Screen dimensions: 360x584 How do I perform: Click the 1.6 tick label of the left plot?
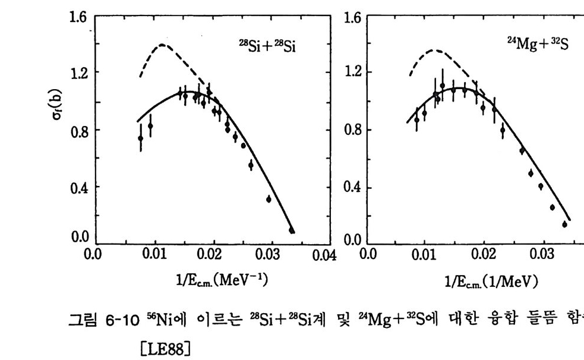77,18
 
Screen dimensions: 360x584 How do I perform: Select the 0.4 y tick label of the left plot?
77,188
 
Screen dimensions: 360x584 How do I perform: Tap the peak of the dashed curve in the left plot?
162,45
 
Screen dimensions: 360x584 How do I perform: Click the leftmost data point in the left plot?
141,138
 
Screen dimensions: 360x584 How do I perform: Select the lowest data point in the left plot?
292,230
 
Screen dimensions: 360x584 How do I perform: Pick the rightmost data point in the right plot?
564,224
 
